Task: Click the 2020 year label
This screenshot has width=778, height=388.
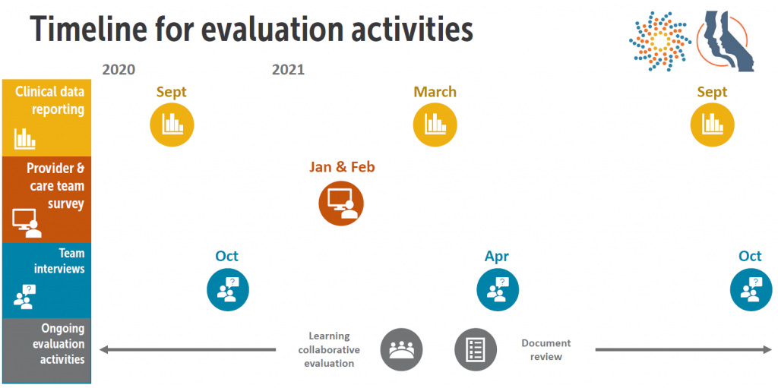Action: click(119, 70)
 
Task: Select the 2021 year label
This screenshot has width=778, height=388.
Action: click(288, 70)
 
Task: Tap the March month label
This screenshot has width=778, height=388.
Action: click(435, 93)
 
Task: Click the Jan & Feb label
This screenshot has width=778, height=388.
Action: click(342, 167)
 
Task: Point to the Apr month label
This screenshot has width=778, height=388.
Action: click(497, 257)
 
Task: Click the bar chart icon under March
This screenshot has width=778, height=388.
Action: click(435, 125)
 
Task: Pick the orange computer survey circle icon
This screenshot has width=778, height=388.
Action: click(341, 203)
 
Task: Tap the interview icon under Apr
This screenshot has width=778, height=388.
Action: click(498, 289)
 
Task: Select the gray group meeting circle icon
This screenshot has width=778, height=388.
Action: click(401, 350)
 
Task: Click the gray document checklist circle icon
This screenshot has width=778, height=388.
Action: click(476, 350)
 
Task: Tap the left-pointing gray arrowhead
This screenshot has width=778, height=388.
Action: click(104, 350)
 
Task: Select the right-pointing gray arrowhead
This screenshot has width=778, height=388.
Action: click(767, 350)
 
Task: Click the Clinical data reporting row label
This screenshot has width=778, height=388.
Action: click(49, 100)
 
